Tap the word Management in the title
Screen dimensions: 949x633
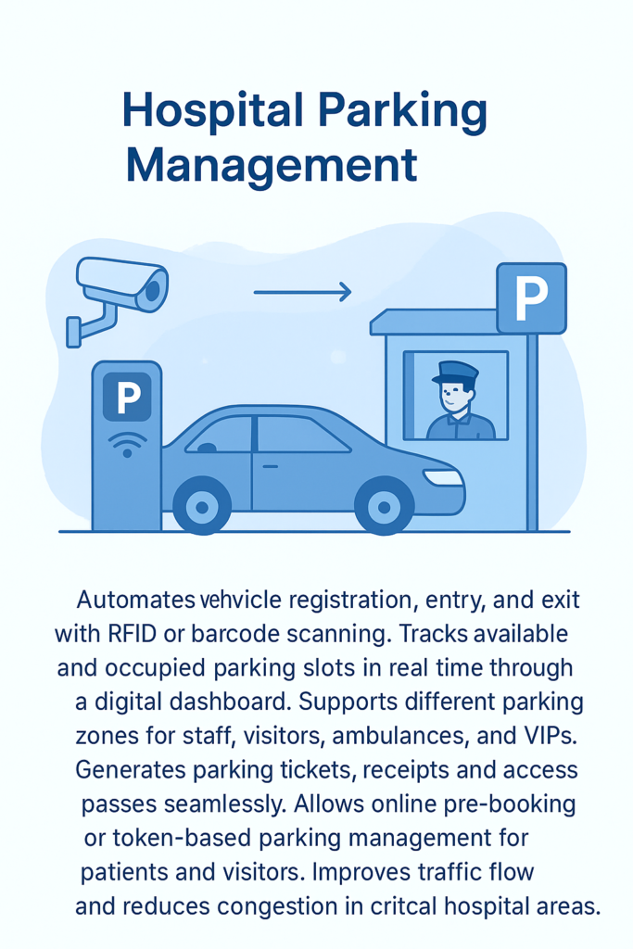pos(272,165)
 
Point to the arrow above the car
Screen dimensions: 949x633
pos(302,292)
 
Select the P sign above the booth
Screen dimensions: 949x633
pos(531,297)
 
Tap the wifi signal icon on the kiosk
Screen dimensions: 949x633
pos(127,443)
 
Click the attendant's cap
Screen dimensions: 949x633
pos(455,373)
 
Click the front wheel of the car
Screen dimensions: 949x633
pos(384,505)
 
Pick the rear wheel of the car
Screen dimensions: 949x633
pos(201,505)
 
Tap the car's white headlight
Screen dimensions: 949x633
pos(443,477)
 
